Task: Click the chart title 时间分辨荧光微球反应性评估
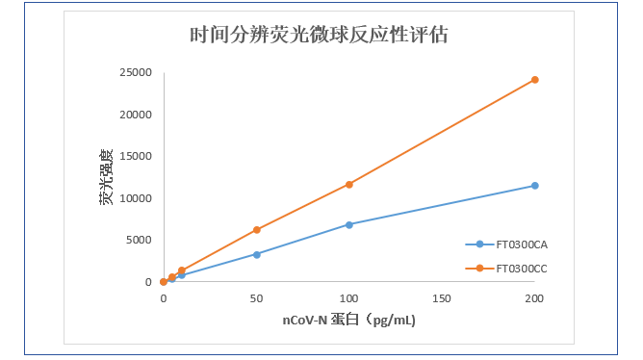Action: click(x=318, y=36)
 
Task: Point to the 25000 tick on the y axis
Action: click(x=134, y=73)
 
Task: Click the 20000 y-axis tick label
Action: click(x=134, y=115)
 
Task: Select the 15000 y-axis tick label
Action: click(x=134, y=157)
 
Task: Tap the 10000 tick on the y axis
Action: click(x=134, y=198)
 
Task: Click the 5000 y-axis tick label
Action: click(x=137, y=241)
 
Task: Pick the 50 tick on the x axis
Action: click(x=256, y=299)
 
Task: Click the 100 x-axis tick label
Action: click(x=349, y=299)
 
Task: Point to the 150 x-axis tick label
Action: click(x=442, y=299)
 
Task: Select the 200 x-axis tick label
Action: click(x=534, y=299)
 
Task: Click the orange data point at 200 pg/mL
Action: click(x=535, y=80)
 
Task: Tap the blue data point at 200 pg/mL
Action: click(x=535, y=186)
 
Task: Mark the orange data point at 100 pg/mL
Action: click(x=349, y=184)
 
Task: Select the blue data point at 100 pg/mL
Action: click(x=349, y=224)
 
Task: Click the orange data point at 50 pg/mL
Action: click(x=256, y=230)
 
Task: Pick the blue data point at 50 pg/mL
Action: click(x=256, y=254)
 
